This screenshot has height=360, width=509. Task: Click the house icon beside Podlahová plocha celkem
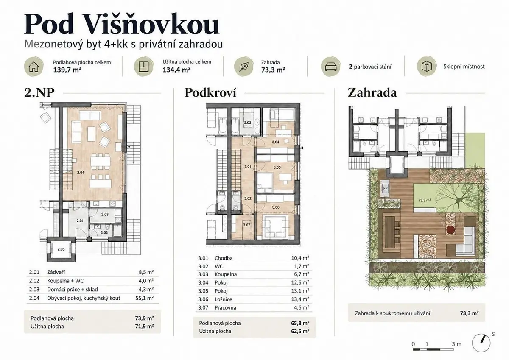[34, 67]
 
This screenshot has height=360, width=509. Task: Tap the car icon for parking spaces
[330, 67]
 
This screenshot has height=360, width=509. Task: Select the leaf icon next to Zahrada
[243, 67]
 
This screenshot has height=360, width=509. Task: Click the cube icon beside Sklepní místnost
[427, 67]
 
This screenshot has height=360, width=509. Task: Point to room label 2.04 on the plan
[81, 173]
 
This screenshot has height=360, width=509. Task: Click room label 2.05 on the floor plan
[61, 249]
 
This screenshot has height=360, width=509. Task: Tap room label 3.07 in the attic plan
[246, 225]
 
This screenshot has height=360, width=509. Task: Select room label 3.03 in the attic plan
[247, 123]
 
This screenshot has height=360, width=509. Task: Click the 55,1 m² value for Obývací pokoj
[145, 298]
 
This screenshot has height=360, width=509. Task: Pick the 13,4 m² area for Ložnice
[300, 299]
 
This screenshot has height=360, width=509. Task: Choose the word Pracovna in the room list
[225, 307]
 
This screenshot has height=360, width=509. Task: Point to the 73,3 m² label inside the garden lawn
[425, 200]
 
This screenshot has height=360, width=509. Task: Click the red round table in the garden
[450, 230]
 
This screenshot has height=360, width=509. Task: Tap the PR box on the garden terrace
[386, 188]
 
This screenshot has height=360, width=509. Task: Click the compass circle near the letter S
[481, 343]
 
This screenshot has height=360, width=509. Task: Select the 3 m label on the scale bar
[456, 344]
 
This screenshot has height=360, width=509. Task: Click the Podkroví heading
[210, 93]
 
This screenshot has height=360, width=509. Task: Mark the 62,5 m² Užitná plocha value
[300, 331]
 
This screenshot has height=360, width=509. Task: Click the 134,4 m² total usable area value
[176, 70]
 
